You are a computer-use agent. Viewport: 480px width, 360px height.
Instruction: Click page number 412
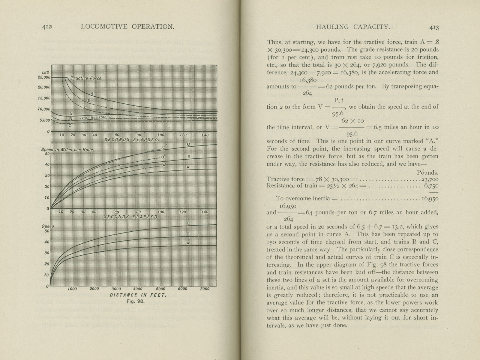tap(47, 27)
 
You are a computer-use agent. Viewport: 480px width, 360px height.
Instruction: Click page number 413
tap(434, 27)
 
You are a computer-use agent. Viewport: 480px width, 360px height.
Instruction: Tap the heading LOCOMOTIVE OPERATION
tap(127, 27)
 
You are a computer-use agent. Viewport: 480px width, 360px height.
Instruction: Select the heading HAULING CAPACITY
tap(353, 27)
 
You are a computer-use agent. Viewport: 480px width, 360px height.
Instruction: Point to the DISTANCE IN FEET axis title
tap(138, 295)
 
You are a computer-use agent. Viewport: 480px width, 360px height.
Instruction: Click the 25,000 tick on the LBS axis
tap(44, 77)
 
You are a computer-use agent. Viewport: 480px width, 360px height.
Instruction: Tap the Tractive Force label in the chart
tap(86, 78)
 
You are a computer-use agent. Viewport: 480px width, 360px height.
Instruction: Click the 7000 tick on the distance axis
tap(205, 289)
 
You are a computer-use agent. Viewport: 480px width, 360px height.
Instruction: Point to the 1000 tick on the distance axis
tap(72, 289)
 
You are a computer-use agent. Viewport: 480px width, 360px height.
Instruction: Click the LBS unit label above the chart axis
tap(46, 72)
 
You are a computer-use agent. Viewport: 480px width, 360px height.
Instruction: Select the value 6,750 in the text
tap(431, 186)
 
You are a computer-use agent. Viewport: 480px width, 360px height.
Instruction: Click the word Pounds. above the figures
tap(427, 172)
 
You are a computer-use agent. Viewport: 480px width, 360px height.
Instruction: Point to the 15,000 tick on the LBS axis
tap(44, 98)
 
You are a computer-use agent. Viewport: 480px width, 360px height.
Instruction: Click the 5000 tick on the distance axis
tap(160, 289)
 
